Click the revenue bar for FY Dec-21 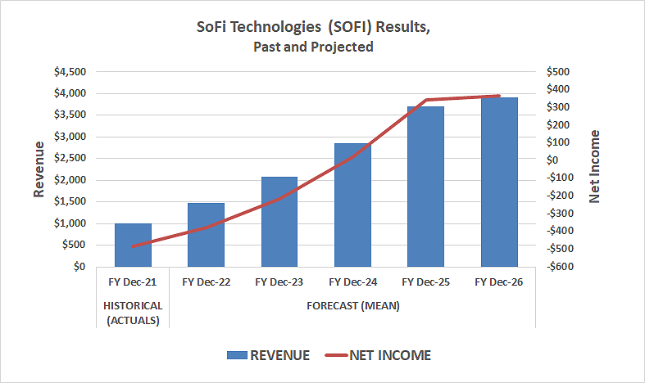click(x=133, y=245)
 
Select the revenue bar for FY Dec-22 click(x=206, y=235)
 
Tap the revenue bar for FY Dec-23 click(x=279, y=222)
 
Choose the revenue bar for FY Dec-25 click(x=425, y=187)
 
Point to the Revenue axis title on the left click(x=39, y=169)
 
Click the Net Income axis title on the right click(x=595, y=166)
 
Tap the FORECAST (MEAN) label click(x=352, y=305)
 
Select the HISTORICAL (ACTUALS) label click(x=133, y=313)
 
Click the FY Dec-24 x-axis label click(x=352, y=282)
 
